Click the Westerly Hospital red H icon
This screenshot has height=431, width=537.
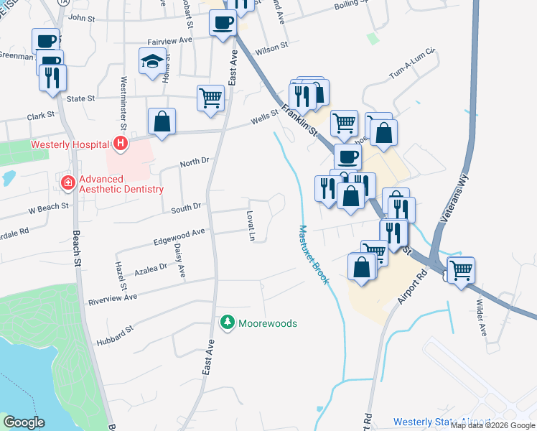120,144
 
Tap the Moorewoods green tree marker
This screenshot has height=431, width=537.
228,323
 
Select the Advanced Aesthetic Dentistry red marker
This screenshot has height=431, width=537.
68,183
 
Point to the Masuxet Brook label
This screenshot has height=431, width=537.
313,255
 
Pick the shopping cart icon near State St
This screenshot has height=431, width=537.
210,97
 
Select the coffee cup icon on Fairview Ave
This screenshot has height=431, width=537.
222,23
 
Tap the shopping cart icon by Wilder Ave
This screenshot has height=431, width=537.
460,270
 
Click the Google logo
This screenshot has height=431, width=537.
24,422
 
